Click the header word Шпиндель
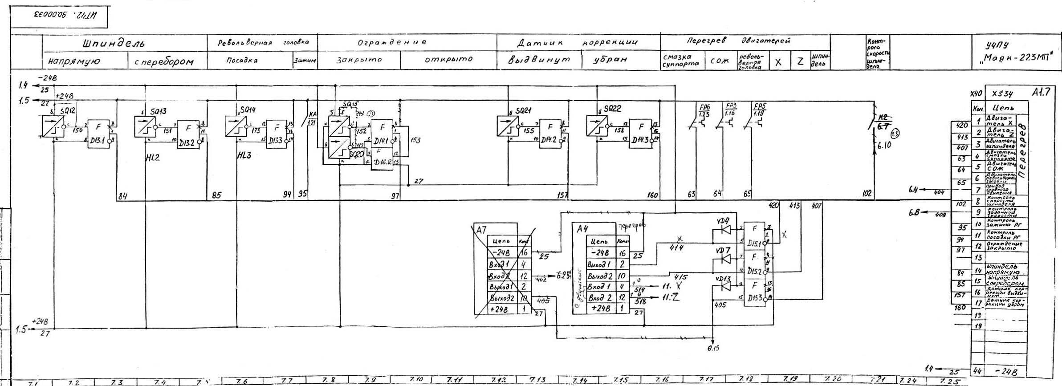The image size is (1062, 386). click(x=113, y=44)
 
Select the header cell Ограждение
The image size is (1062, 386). click(x=392, y=43)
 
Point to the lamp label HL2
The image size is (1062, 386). click(x=152, y=157)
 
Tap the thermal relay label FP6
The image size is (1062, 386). click(x=704, y=108)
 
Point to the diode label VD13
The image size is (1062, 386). click(x=723, y=279)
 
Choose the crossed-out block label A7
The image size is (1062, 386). click(x=481, y=230)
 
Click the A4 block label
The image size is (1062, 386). click(x=582, y=229)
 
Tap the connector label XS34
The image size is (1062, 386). click(x=1002, y=94)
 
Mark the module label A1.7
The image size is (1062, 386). click(x=1041, y=92)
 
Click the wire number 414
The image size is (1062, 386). click(x=676, y=247)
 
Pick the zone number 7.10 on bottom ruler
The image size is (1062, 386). click(x=417, y=379)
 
